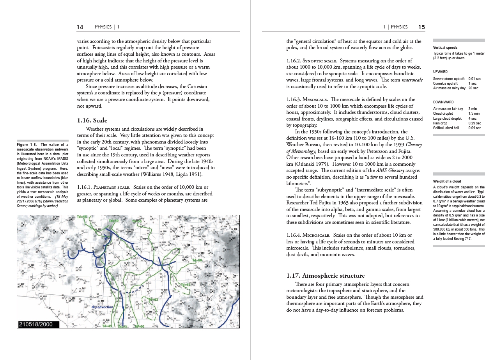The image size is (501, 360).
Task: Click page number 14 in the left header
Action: [x=80, y=27]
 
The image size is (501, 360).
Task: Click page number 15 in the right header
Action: [x=421, y=27]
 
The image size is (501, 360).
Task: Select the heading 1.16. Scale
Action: [x=92, y=120]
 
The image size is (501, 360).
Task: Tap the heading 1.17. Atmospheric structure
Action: [x=326, y=276]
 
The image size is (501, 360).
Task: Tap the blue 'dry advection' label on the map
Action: [x=103, y=307]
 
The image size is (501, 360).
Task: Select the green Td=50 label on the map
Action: [x=113, y=221]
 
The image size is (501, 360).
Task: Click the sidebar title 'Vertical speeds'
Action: [x=445, y=48]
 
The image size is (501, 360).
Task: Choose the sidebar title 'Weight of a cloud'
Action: [x=447, y=181]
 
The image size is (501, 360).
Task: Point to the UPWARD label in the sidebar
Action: [x=440, y=72]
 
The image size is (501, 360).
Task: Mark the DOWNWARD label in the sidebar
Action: [x=443, y=102]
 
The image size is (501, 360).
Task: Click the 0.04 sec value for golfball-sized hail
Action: [x=474, y=128]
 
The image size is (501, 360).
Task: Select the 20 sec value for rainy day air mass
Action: [x=473, y=88]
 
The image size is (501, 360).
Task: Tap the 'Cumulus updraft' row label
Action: [x=445, y=83]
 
